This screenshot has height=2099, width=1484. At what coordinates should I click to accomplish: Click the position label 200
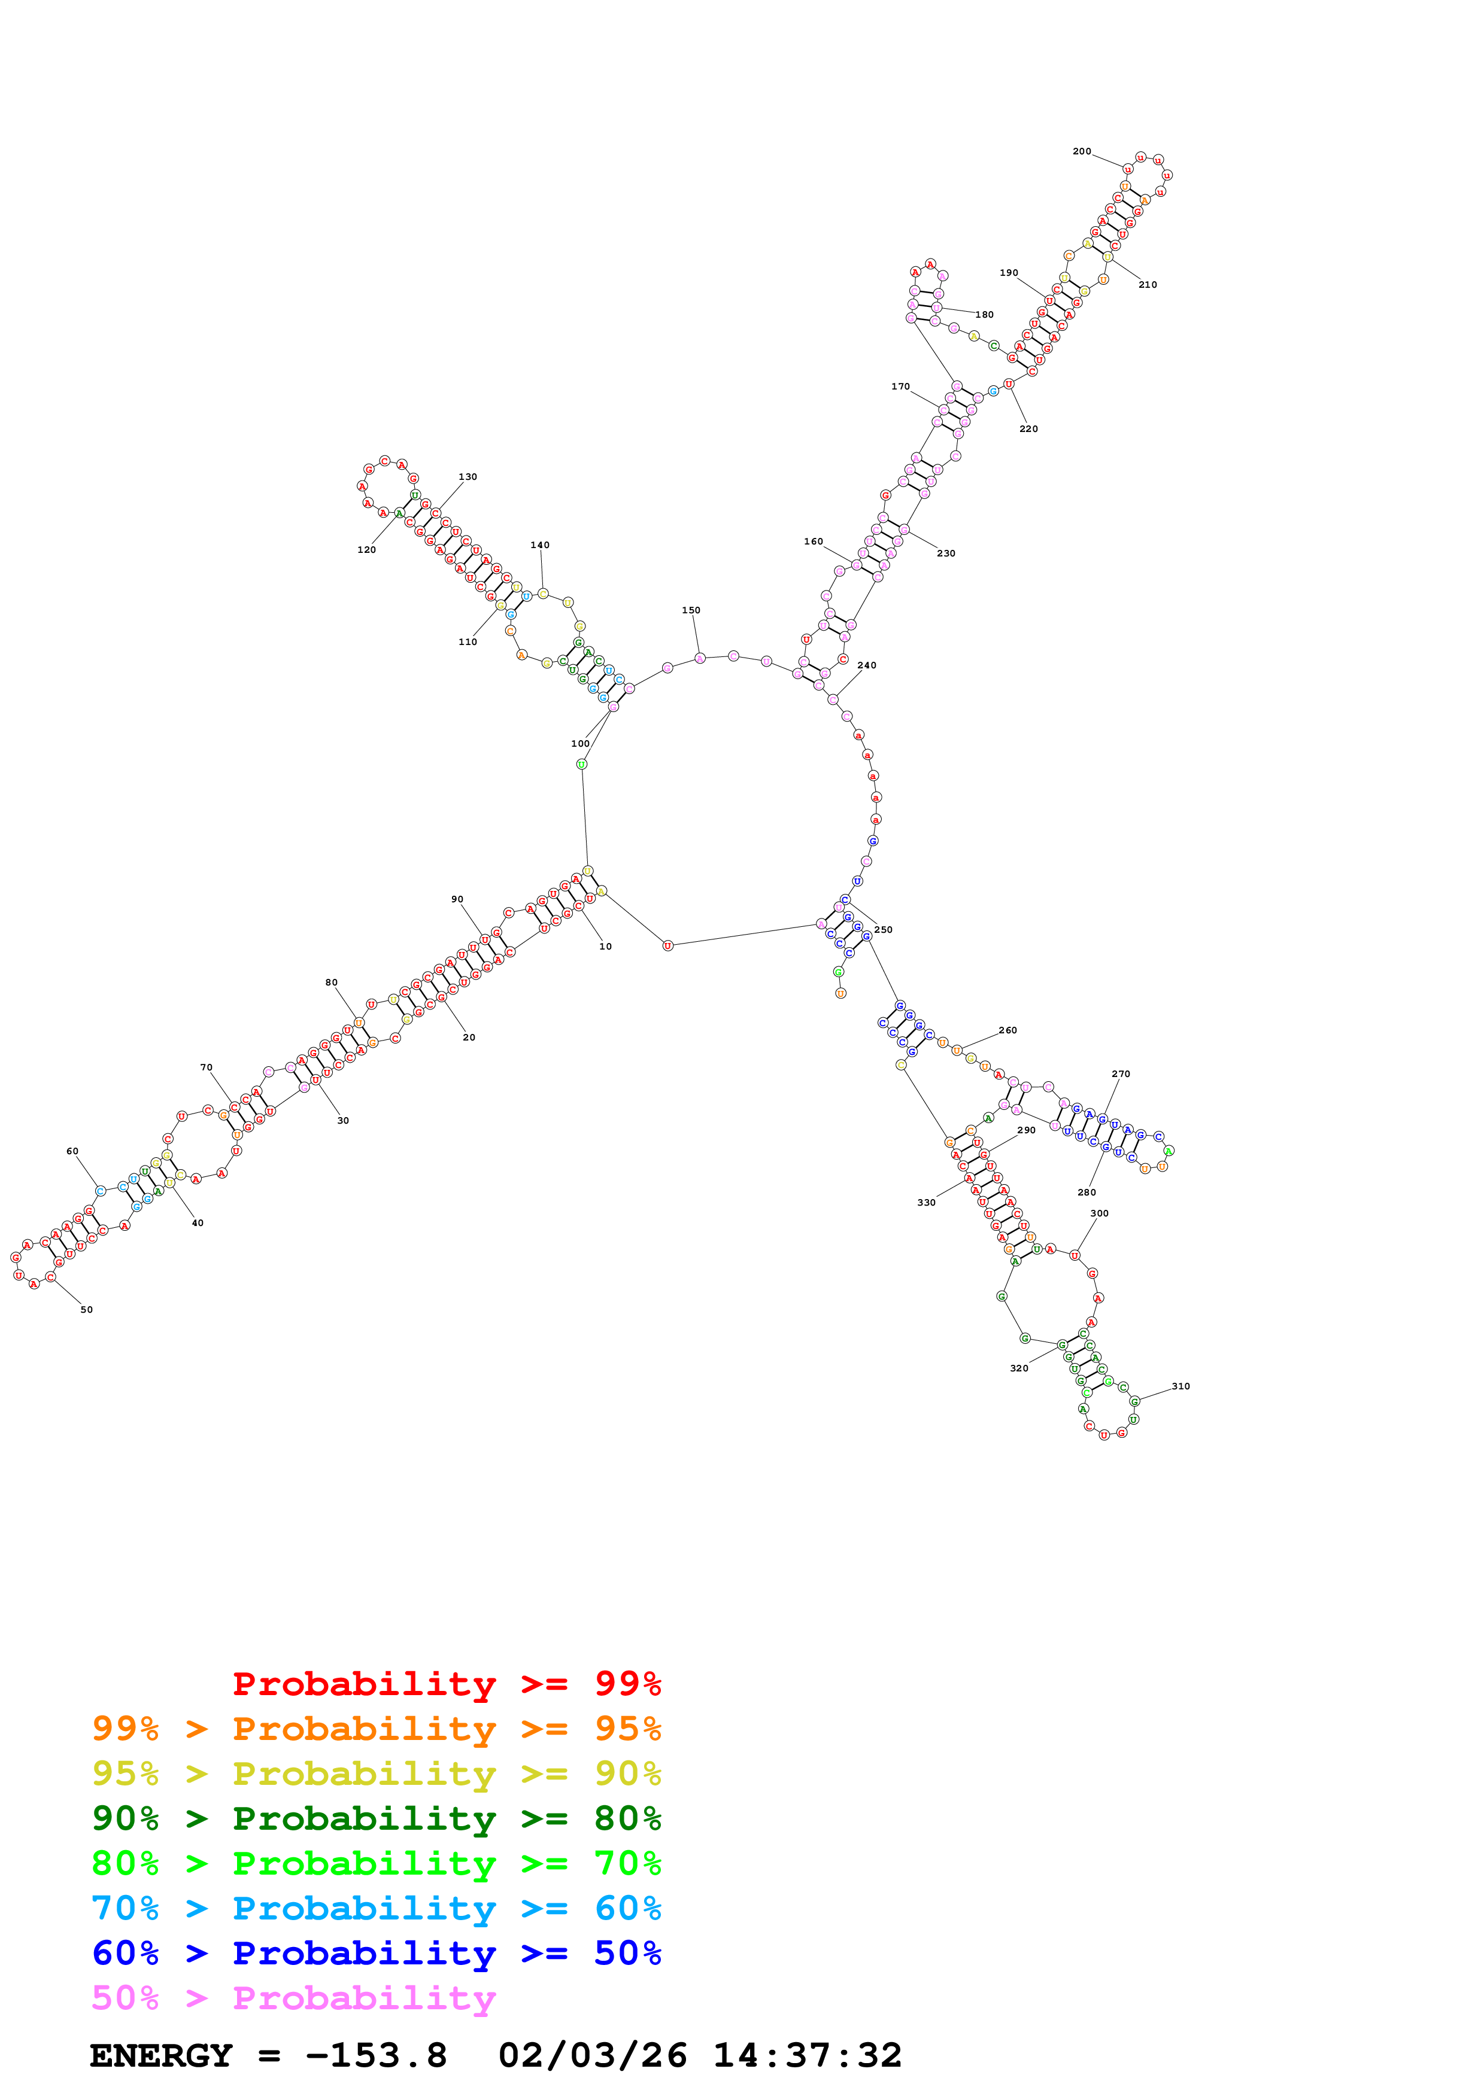1082,152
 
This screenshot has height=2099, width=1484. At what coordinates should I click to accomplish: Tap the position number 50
87,1310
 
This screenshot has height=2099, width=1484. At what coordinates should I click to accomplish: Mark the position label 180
985,315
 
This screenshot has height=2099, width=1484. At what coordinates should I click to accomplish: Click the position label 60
72,1152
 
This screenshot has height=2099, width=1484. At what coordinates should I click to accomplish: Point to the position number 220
1028,430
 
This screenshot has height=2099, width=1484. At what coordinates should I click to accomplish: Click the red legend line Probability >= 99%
447,1684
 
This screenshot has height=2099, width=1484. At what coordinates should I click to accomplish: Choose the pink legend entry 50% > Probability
293,1998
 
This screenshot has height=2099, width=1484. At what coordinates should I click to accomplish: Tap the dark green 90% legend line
376,1818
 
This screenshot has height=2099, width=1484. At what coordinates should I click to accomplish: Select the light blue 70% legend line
376,1909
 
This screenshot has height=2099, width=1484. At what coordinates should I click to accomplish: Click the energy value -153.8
376,2056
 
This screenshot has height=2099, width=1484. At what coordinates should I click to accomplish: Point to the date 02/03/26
593,2056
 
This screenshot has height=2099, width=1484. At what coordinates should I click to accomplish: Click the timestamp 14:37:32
808,2056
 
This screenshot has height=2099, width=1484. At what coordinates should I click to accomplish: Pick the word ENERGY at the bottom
161,2056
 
